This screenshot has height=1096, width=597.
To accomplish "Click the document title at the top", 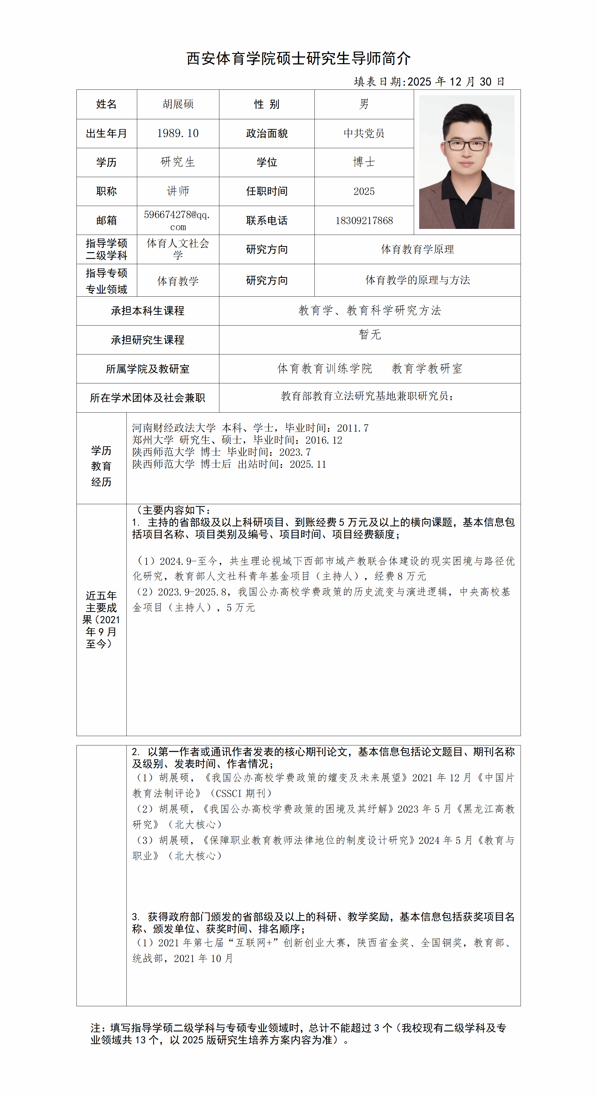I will [298, 58].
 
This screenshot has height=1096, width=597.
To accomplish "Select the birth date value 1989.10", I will [178, 133].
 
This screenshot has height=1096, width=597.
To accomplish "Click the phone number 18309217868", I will [364, 220].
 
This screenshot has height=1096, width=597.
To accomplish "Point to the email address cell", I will [178, 220].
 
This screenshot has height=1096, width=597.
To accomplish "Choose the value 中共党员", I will [364, 133].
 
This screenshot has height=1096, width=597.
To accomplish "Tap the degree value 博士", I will [364, 162].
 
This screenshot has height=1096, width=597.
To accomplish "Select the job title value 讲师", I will [178, 191].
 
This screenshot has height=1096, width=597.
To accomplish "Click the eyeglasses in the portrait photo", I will [466, 145].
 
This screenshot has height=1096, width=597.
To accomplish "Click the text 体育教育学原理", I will [417, 249].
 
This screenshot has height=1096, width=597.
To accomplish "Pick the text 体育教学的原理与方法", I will [417, 280].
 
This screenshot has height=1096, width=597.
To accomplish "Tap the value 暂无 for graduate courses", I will [370, 334].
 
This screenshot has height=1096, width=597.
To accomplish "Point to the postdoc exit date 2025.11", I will [308, 464].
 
